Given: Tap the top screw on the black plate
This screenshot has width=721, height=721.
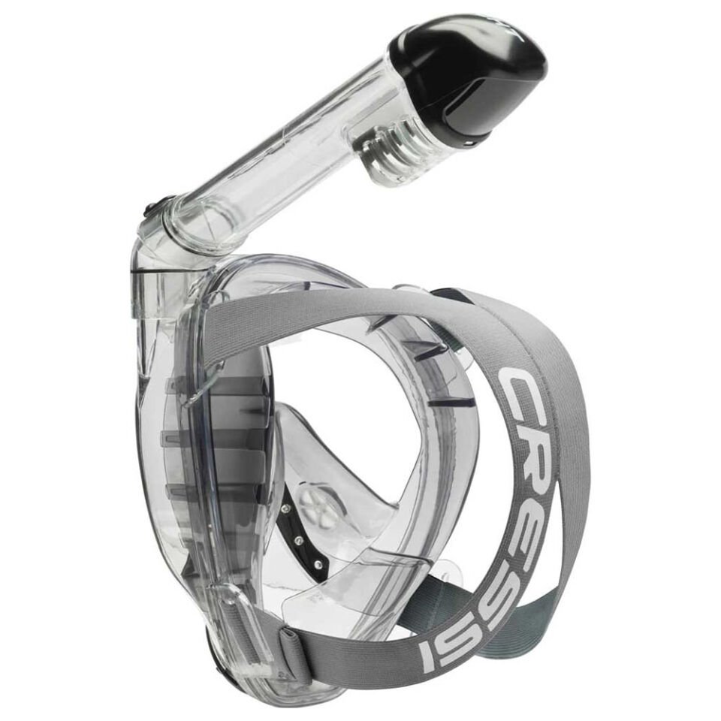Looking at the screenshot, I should tap(286, 510).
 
